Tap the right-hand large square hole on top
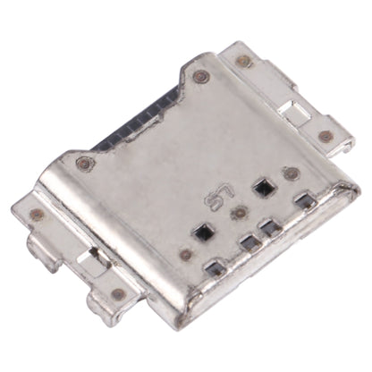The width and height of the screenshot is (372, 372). [x=263, y=188]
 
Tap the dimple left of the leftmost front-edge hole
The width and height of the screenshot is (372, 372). [x=185, y=256]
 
